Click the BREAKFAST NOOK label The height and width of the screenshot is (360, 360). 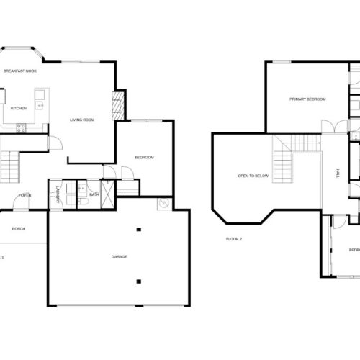tap(20, 71)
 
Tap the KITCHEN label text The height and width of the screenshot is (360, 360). tap(19, 108)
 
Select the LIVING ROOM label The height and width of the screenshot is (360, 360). tap(83, 120)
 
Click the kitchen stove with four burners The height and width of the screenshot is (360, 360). tap(21, 127)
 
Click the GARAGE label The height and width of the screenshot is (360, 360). tap(119, 257)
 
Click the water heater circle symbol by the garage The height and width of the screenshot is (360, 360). tap(164, 204)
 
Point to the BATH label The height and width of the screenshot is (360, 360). tap(94, 194)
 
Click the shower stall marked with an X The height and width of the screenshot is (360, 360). tap(108, 194)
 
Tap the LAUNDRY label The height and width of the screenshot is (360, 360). tap(56, 193)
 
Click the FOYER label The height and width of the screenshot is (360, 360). tap(24, 195)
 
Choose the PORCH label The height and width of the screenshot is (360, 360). tap(18, 229)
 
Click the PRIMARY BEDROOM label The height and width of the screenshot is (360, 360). tap(307, 99)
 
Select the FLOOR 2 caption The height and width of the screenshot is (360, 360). tap(233, 239)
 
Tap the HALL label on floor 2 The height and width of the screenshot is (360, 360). tap(337, 174)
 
